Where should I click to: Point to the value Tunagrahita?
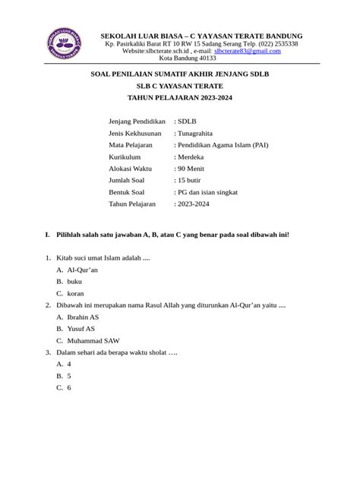click(200, 132)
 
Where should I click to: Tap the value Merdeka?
click(193, 156)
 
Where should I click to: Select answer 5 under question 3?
click(69, 376)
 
